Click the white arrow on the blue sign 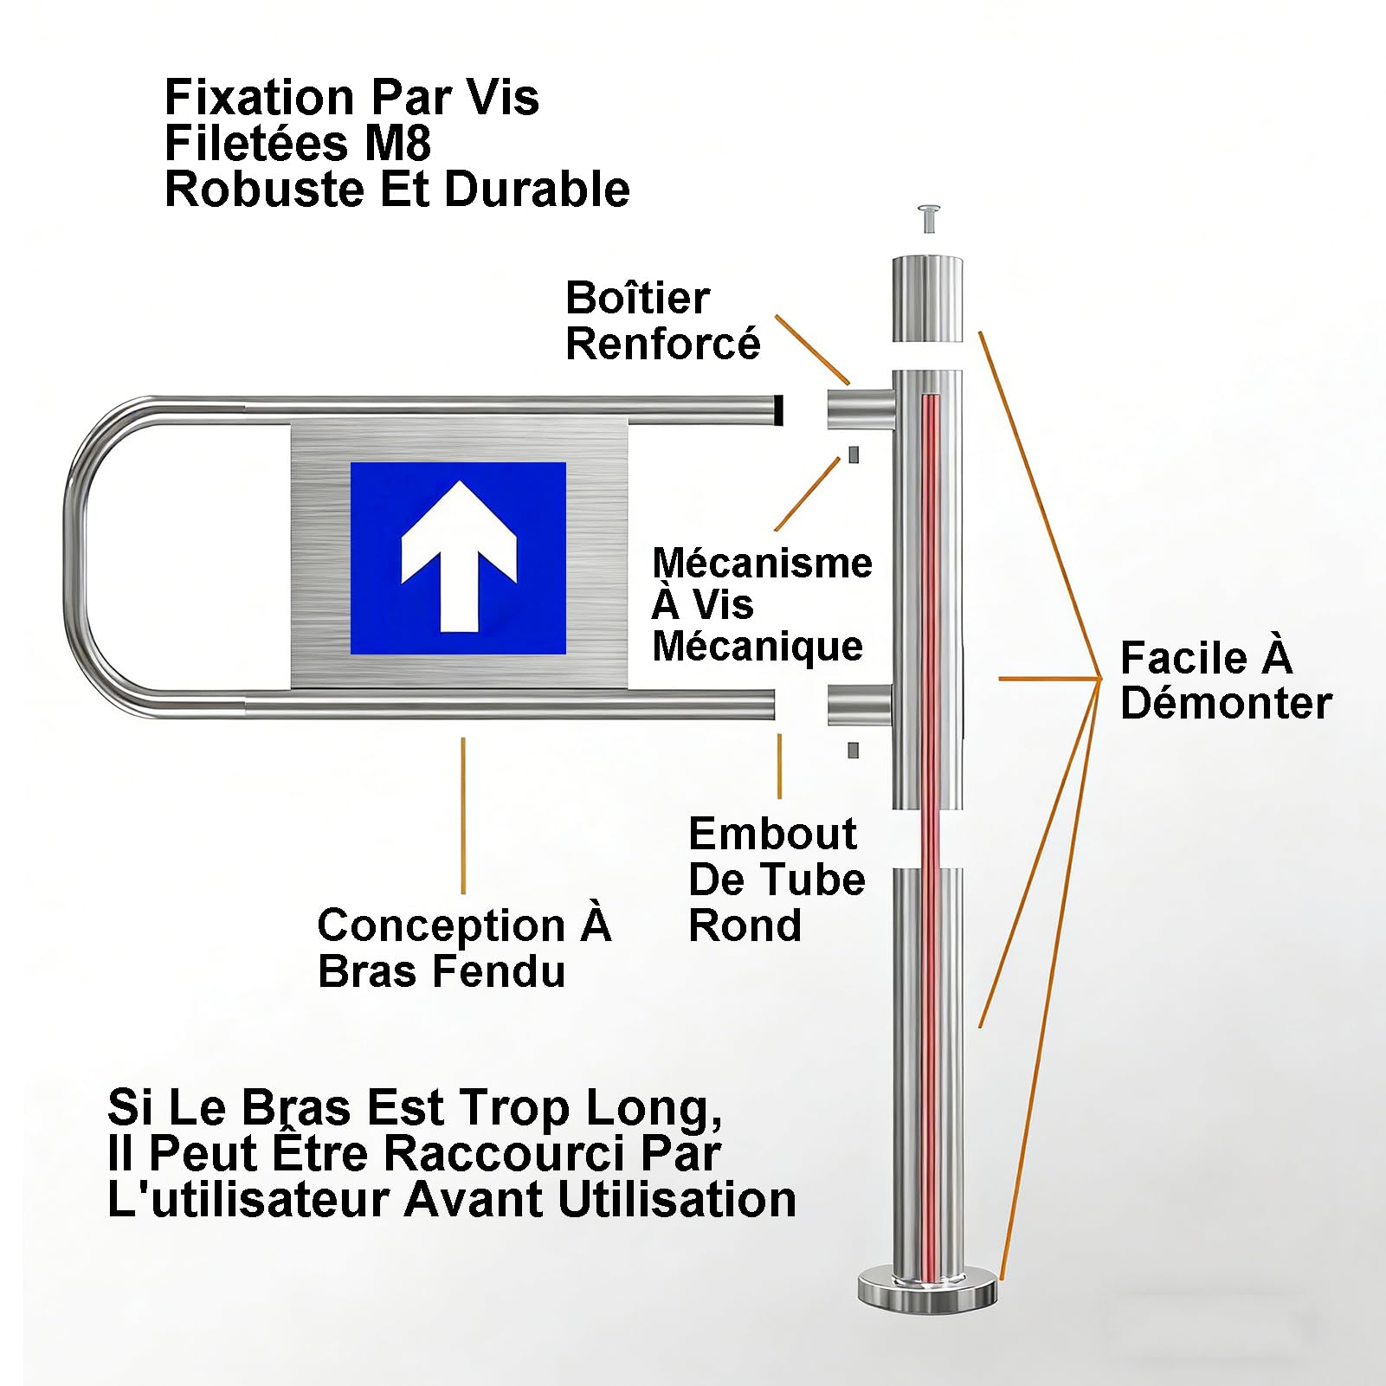[x=459, y=555]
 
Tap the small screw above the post [x=930, y=218]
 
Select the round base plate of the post [x=927, y=1287]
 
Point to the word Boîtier [x=637, y=298]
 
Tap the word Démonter [x=1226, y=702]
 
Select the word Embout [x=772, y=834]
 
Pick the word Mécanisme [x=762, y=563]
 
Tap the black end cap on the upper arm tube [x=779, y=410]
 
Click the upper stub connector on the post [x=861, y=409]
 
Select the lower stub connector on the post [x=860, y=705]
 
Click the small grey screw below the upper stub [x=854, y=454]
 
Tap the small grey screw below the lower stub [x=853, y=751]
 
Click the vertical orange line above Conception [x=463, y=815]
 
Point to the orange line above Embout [x=780, y=766]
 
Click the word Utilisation [x=677, y=1199]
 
